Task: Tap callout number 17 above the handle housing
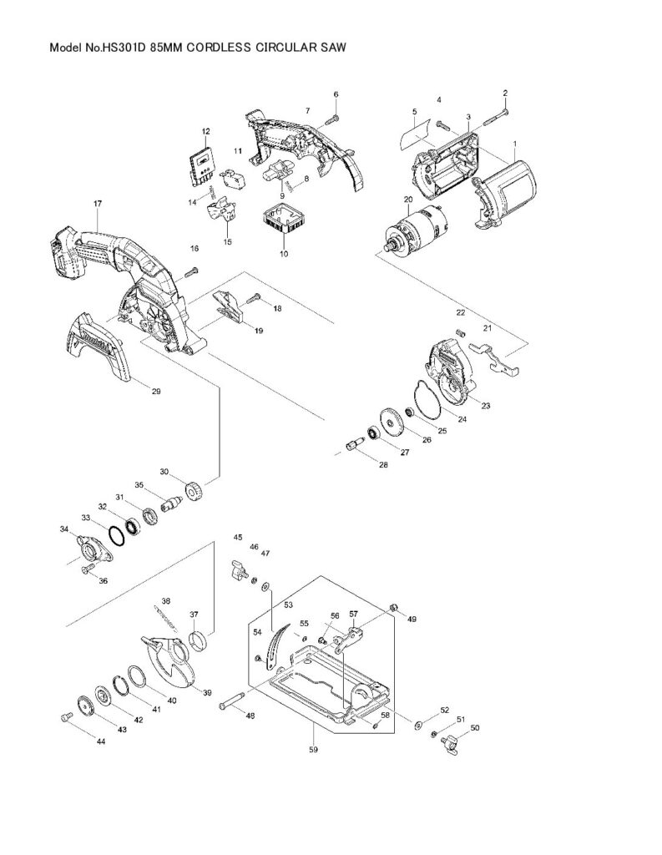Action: coord(98,204)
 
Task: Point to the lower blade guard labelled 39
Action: coord(169,660)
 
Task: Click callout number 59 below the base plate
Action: coord(314,750)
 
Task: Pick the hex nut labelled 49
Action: coord(394,608)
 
